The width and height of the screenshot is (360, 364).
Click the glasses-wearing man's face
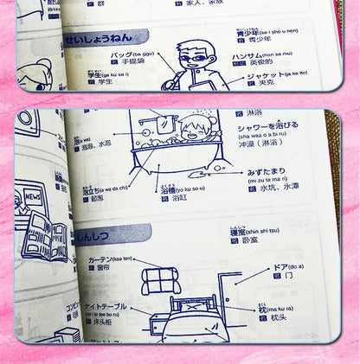(x=191, y=52)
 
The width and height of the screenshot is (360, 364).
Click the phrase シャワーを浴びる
(x=262, y=125)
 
